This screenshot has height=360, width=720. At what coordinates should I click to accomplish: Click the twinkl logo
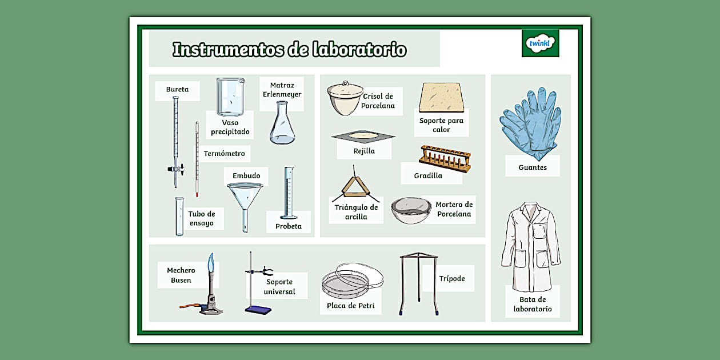point(540,43)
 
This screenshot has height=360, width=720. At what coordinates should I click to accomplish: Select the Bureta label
point(177,90)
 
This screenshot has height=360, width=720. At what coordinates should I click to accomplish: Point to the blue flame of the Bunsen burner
point(211,263)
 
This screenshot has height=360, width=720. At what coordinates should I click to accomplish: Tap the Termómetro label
point(224,153)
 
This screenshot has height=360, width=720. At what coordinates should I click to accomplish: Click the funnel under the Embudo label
point(245,197)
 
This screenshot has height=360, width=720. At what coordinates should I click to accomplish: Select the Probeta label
point(288,226)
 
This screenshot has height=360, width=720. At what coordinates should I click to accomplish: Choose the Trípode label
point(451,279)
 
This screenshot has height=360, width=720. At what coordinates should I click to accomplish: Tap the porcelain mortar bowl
point(411,210)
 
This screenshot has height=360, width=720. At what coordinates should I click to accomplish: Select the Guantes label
point(532,167)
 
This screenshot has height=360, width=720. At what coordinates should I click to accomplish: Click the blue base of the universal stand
point(258,309)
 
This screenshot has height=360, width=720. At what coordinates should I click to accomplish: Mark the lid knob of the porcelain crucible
point(344,83)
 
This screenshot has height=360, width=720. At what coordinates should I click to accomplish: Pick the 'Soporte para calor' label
point(441,125)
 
